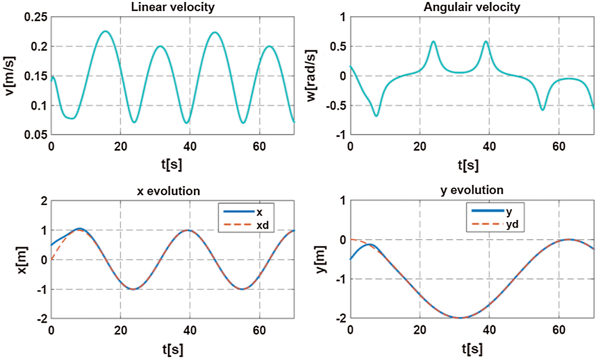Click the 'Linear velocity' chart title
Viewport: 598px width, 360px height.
click(x=173, y=7)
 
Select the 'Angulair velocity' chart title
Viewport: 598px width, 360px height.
click(x=472, y=7)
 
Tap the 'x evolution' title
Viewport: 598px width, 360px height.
click(x=169, y=191)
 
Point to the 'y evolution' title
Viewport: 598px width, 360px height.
click(x=472, y=190)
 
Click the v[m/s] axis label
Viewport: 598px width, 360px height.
click(x=10, y=76)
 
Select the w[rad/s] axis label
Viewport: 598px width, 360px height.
click(x=311, y=76)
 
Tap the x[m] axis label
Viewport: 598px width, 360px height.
click(x=22, y=260)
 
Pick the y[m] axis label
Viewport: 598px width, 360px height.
click(x=321, y=259)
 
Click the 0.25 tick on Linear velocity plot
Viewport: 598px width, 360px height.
click(x=36, y=17)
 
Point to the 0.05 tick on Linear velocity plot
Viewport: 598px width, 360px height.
click(x=36, y=135)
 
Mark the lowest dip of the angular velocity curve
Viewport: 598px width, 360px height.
click(x=376, y=116)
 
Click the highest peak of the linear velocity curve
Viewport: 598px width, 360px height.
click(x=105, y=31)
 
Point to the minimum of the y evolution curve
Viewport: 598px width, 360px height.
click(x=460, y=318)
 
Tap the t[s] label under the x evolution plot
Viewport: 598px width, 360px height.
click(x=173, y=349)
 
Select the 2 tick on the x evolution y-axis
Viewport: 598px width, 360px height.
click(x=44, y=201)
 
